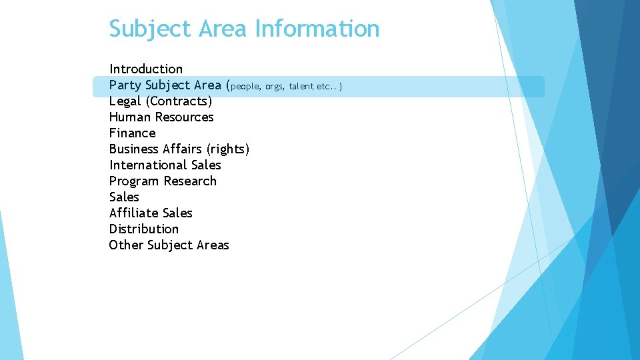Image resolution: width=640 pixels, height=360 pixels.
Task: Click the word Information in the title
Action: tap(317, 29)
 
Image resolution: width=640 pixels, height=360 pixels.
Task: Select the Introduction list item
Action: tap(146, 69)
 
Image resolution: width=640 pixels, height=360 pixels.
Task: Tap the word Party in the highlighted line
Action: tap(125, 85)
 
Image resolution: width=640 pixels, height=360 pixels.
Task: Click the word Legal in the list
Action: tap(125, 101)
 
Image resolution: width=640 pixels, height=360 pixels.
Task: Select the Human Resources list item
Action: tap(161, 117)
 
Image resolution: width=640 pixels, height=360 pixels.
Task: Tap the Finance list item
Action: tap(133, 133)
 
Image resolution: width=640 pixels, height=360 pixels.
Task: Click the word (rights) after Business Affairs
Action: tap(228, 149)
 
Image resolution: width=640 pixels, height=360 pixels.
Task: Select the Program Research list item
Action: tap(163, 181)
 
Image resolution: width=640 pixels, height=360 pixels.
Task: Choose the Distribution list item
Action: tap(144, 229)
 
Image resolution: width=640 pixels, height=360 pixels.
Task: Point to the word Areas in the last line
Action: tap(213, 245)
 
